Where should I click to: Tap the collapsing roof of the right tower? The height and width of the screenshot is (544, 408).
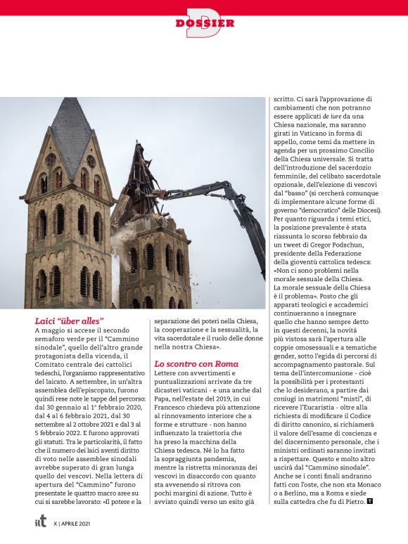[144, 186]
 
